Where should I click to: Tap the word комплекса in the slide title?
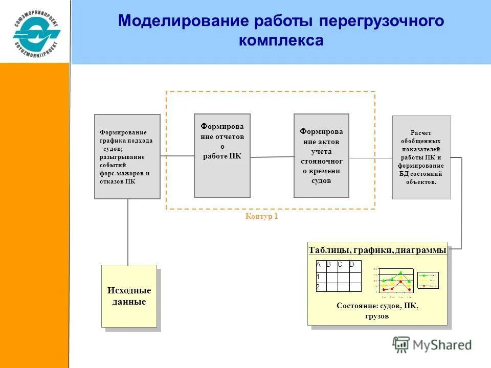(x=281, y=41)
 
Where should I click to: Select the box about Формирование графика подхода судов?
(x=127, y=156)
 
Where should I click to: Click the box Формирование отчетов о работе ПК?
(x=222, y=155)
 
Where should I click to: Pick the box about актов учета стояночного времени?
(x=321, y=155)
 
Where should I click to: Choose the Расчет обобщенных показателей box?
(x=421, y=157)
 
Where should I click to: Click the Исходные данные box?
(x=129, y=296)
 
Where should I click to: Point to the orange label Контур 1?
(x=261, y=216)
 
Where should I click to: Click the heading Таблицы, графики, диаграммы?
(x=377, y=250)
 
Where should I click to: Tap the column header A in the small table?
(x=318, y=265)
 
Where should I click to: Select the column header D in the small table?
(x=352, y=265)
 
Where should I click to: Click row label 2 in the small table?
(x=318, y=287)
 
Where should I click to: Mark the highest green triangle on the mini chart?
(x=401, y=272)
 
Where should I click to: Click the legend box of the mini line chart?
(x=428, y=280)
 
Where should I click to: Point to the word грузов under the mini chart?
(x=377, y=316)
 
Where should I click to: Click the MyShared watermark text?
(x=442, y=345)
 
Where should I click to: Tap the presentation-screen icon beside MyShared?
(x=401, y=344)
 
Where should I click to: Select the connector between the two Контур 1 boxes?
(x=272, y=157)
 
